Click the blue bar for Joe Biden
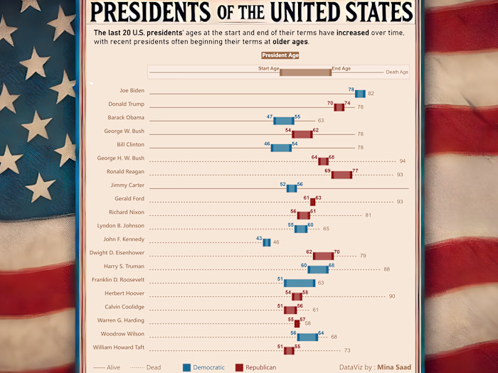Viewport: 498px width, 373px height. (x=360, y=94)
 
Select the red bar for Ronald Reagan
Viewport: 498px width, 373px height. (x=341, y=175)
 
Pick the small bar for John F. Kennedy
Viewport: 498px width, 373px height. (x=267, y=242)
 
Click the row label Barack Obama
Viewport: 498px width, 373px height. (x=126, y=117)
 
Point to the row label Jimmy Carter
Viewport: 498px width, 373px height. (x=127, y=185)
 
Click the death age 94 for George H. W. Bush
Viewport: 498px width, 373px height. (x=402, y=161)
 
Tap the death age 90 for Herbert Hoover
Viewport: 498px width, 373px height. (x=391, y=296)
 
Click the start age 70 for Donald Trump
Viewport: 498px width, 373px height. (x=330, y=103)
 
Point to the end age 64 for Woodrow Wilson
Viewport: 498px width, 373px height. (x=321, y=333)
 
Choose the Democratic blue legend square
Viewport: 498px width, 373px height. (x=187, y=367)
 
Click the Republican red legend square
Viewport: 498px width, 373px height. (x=240, y=367)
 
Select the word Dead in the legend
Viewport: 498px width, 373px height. (x=153, y=367)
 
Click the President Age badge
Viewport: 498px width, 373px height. (x=280, y=55)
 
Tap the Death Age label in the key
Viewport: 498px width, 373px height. (x=396, y=72)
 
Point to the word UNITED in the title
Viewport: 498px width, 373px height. (x=319, y=12)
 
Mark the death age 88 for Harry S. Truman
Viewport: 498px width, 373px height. (x=386, y=269)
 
